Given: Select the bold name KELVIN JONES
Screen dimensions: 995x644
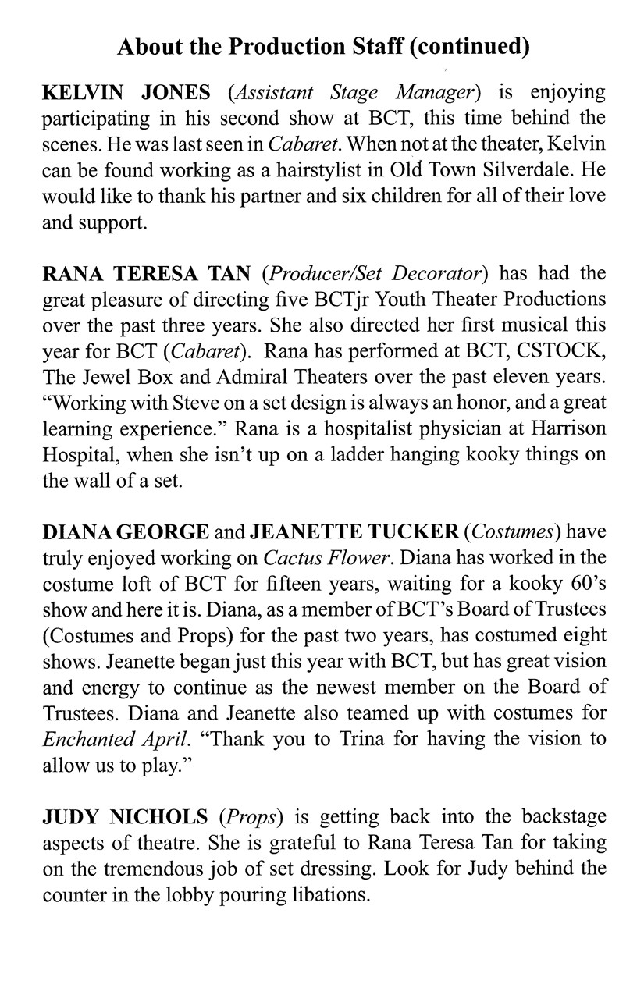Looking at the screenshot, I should [x=125, y=93].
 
